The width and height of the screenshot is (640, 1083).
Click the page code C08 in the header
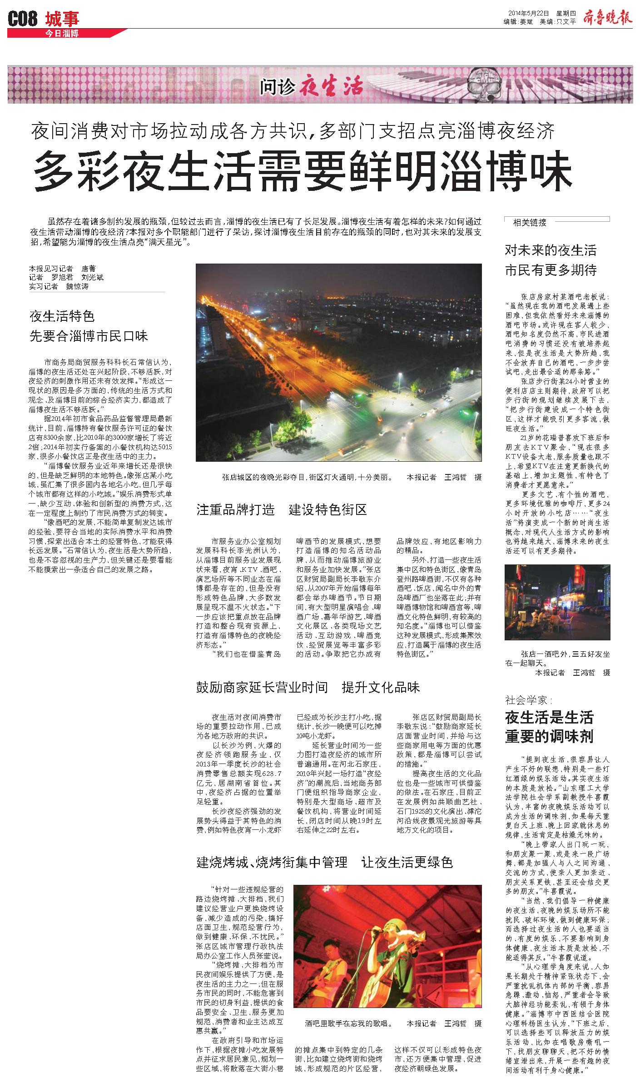pyautogui.click(x=23, y=18)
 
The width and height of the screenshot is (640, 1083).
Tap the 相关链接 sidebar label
pyautogui.click(x=530, y=222)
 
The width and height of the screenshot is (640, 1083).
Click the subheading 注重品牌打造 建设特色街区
pyautogui.click(x=281, y=509)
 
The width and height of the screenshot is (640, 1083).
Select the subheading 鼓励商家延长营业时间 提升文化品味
pyautogui.click(x=308, y=687)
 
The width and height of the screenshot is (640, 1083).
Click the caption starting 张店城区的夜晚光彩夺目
pyautogui.click(x=307, y=478)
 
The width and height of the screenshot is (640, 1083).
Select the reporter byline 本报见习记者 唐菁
pyautogui.click(x=63, y=269)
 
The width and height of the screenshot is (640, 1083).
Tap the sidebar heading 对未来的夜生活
pyautogui.click(x=551, y=250)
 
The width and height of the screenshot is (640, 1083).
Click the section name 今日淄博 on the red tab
pyautogui.click(x=62, y=33)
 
